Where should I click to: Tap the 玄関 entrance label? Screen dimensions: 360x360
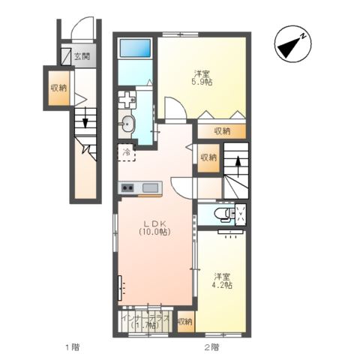tap(82, 56)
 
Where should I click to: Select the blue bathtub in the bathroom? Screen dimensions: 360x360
tap(135, 48)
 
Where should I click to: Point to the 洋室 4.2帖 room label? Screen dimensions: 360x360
tap(222, 280)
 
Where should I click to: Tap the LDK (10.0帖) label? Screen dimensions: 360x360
tap(155, 227)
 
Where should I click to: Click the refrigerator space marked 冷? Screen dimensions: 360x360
tap(127, 152)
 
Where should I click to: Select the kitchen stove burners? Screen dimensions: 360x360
tap(127, 187)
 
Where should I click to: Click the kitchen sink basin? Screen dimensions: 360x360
tap(151, 187)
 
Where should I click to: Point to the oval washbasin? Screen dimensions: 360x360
tap(127, 124)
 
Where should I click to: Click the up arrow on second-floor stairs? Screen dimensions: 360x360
tap(238, 166)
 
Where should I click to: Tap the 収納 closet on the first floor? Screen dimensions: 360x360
tap(59, 88)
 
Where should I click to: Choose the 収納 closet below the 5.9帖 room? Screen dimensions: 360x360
tap(222, 131)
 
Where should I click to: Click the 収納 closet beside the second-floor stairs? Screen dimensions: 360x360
tap(208, 157)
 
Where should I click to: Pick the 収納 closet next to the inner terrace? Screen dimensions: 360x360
tap(186, 322)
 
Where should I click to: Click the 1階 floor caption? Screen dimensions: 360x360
tap(73, 347)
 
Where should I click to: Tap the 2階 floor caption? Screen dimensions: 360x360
tap(211, 347)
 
